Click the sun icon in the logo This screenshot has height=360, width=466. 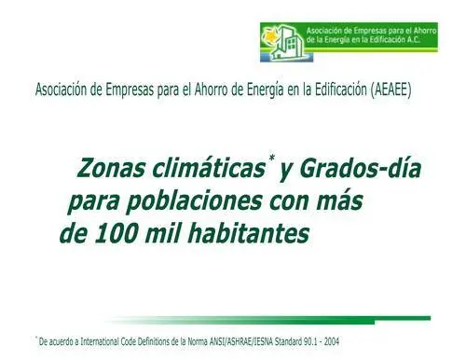pyautogui.click(x=269, y=36)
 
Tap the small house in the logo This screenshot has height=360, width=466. pyautogui.click(x=279, y=53)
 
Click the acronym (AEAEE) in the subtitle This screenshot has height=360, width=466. pyautogui.click(x=391, y=90)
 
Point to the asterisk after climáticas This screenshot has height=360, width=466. pyautogui.click(x=272, y=159)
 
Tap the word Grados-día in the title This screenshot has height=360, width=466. pyautogui.click(x=360, y=168)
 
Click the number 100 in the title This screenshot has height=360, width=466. pyautogui.click(x=116, y=234)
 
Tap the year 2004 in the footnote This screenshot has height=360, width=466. pyautogui.click(x=332, y=341)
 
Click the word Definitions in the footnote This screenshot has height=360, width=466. pyautogui.click(x=154, y=341)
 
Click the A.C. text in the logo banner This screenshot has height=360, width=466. pyautogui.click(x=414, y=39)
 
